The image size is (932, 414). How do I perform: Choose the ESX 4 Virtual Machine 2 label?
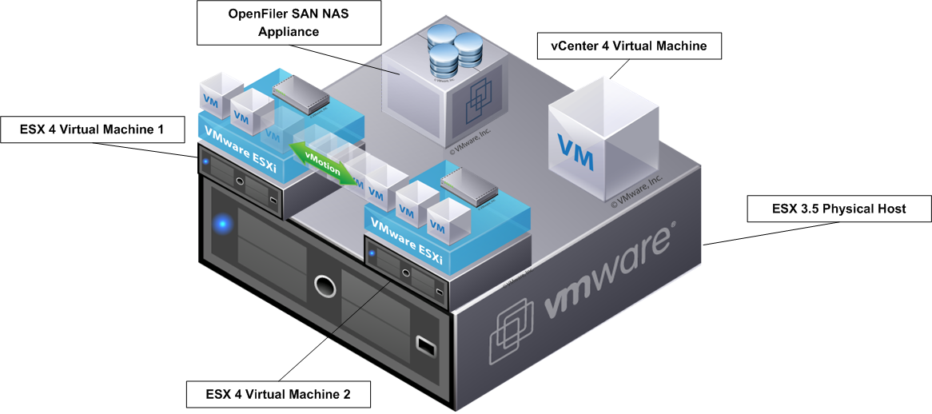click(279, 394)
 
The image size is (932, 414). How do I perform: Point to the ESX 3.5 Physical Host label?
click(838, 209)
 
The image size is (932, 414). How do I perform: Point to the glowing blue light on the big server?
click(225, 223)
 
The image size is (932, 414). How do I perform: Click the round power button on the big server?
click(324, 285)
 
